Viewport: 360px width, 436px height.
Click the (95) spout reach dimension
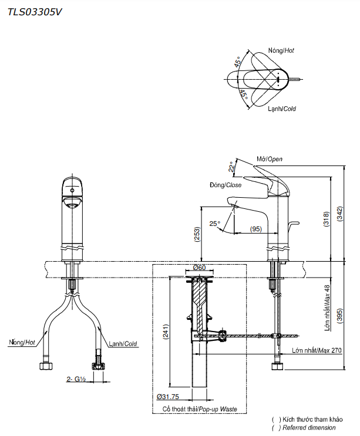click(x=255, y=228)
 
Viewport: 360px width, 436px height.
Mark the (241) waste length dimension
click(x=166, y=334)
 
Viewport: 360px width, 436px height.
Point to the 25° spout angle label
click(x=214, y=223)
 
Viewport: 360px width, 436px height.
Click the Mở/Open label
click(x=270, y=159)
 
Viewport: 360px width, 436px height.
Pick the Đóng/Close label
click(x=225, y=185)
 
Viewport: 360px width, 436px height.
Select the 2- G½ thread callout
click(x=76, y=379)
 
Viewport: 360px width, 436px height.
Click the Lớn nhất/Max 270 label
click(x=317, y=350)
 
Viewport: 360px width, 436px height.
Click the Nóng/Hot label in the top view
click(x=281, y=51)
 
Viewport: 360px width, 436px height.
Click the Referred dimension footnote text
click(x=309, y=428)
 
